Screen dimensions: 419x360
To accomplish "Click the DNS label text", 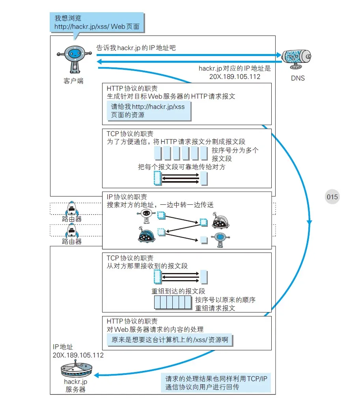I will click(x=298, y=78).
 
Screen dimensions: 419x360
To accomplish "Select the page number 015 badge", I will click(x=332, y=197).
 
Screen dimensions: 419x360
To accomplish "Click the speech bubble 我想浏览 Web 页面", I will click(x=97, y=22).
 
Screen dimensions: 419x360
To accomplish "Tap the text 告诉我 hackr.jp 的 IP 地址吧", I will click(x=136, y=48).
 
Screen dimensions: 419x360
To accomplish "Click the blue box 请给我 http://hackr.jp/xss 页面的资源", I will click(x=149, y=110).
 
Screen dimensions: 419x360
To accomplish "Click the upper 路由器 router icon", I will click(x=72, y=208).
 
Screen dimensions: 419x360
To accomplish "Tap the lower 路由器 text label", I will click(x=72, y=241).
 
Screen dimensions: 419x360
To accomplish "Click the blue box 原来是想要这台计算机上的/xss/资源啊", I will click(x=170, y=340).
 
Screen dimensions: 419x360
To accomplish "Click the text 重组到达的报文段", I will click(x=178, y=291).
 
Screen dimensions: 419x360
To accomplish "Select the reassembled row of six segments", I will click(x=172, y=303).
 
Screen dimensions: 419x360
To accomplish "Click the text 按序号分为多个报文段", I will click(x=235, y=154).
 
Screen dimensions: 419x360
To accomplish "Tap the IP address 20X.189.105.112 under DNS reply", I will click(x=235, y=77).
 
